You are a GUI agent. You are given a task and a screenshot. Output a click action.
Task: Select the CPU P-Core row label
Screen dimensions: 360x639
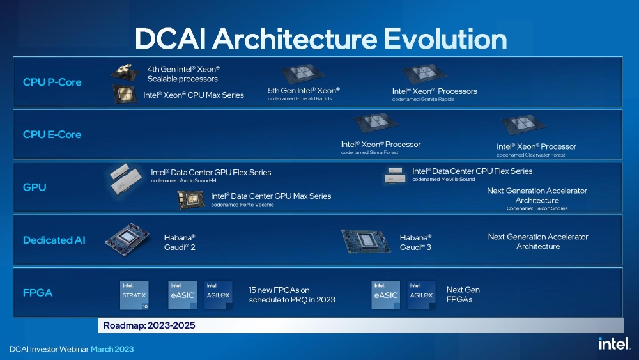click(x=52, y=82)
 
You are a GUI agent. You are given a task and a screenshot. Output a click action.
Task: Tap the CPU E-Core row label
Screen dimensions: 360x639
click(x=52, y=134)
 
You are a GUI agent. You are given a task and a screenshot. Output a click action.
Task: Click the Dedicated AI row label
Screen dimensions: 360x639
click(x=54, y=240)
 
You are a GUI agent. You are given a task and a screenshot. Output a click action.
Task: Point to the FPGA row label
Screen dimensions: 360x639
click(x=38, y=293)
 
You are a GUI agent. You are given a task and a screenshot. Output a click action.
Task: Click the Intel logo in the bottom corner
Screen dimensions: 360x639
click(x=613, y=343)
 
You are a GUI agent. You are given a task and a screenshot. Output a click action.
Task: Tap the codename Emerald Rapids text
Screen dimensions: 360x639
click(x=300, y=99)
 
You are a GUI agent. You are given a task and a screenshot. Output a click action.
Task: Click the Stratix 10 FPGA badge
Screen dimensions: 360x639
click(x=134, y=295)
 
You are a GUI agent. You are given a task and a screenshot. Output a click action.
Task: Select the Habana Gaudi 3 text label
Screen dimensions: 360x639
click(x=415, y=242)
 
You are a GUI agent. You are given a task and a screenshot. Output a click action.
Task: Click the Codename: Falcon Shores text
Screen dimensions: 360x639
click(x=537, y=208)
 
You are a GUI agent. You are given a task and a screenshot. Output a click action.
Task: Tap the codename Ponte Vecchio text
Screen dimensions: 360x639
click(x=242, y=205)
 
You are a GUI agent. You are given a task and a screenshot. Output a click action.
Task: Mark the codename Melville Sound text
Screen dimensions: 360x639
click(x=443, y=180)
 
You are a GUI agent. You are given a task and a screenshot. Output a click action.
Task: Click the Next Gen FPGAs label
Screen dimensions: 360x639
click(x=463, y=294)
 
